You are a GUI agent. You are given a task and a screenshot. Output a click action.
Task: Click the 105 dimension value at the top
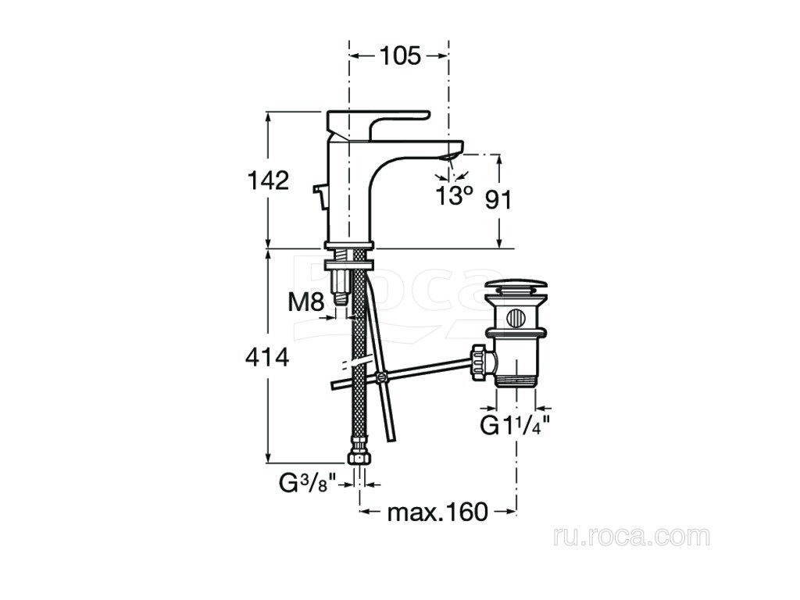coord(400,55)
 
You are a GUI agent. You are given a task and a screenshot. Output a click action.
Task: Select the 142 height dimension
coord(268,180)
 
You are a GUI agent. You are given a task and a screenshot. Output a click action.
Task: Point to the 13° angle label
coord(454,195)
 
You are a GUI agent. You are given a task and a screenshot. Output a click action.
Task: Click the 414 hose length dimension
coord(267,357)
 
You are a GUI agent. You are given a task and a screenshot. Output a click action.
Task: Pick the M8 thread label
coord(306,303)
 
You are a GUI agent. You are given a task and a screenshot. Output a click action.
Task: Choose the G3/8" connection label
coord(309,483)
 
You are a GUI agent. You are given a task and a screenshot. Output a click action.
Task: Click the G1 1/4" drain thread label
coord(516,426)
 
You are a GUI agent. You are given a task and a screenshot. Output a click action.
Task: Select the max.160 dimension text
coord(437,511)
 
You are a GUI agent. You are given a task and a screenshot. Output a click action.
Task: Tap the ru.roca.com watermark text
coord(631,536)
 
